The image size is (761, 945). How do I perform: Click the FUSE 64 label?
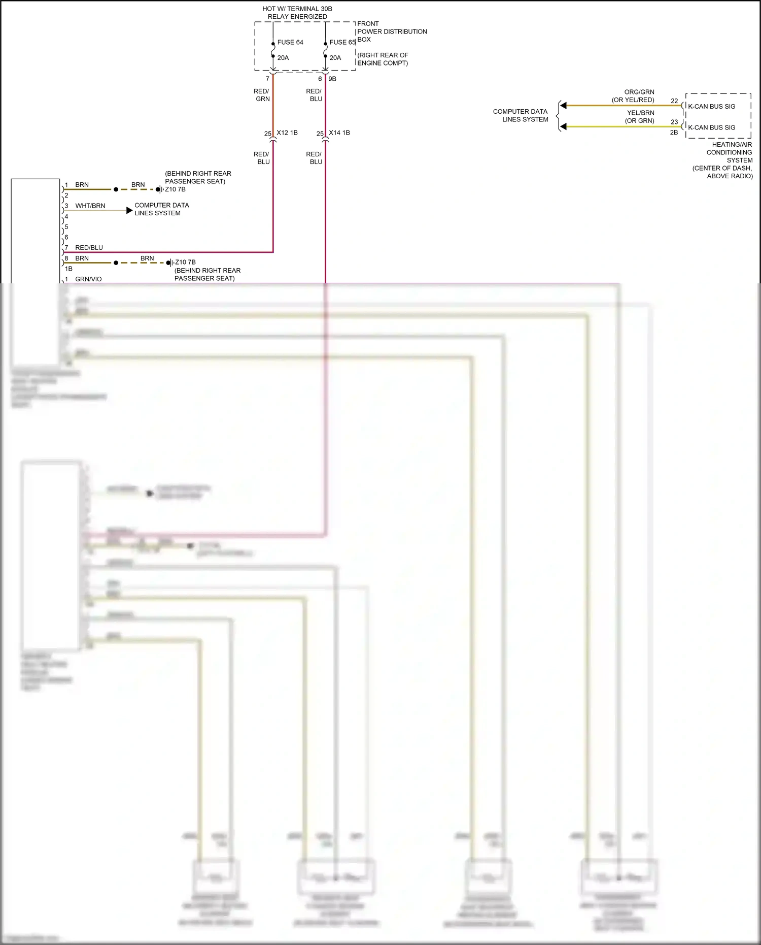tap(290, 42)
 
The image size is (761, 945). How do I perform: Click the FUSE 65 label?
tap(342, 42)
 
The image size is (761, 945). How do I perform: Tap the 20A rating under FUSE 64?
tap(283, 58)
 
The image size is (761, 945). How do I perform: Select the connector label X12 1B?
tap(287, 133)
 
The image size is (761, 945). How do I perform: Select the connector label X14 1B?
tap(339, 133)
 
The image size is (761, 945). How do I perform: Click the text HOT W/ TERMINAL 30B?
tap(297, 9)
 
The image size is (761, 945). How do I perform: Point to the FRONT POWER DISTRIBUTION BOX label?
tap(391, 31)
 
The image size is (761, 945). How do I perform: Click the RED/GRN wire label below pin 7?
tap(262, 95)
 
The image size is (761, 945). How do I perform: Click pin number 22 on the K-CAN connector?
tap(674, 101)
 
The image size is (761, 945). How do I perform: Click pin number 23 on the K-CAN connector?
tap(674, 122)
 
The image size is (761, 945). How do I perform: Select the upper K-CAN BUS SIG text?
tap(711, 107)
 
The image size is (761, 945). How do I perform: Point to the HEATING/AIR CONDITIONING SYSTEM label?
tap(729, 152)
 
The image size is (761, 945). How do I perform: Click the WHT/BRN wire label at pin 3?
tap(90, 206)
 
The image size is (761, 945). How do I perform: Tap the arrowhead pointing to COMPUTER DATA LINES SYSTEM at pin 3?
tap(129, 210)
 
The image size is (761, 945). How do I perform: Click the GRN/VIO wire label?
tap(88, 279)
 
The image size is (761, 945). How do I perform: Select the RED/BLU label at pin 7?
tap(89, 248)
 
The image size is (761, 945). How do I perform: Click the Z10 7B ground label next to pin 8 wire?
tap(185, 262)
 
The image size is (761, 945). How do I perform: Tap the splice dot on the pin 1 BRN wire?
tap(116, 189)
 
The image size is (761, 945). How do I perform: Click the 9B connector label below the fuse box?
tap(332, 79)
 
